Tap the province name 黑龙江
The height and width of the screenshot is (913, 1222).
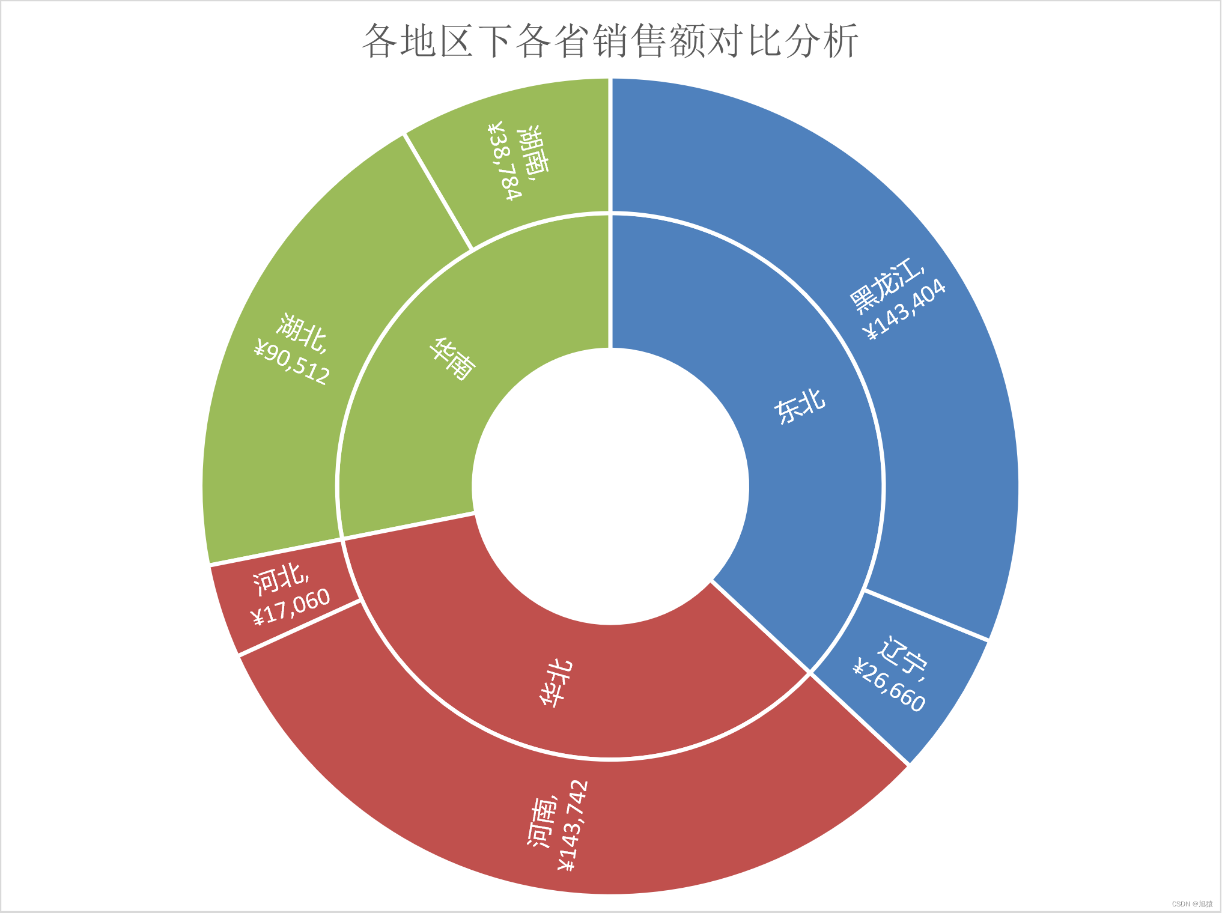click(x=886, y=285)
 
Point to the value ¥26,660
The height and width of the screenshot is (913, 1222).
click(x=889, y=685)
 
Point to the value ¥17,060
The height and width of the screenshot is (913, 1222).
click(x=291, y=607)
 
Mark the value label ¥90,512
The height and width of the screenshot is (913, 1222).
click(x=292, y=363)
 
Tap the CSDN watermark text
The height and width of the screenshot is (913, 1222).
click(x=1192, y=904)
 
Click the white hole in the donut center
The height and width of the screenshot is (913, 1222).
click(x=610, y=487)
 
